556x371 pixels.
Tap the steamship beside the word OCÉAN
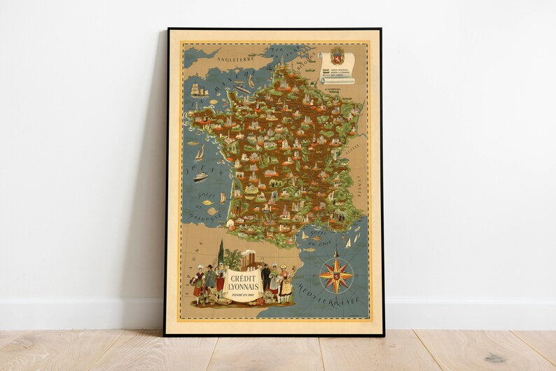[200, 176]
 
